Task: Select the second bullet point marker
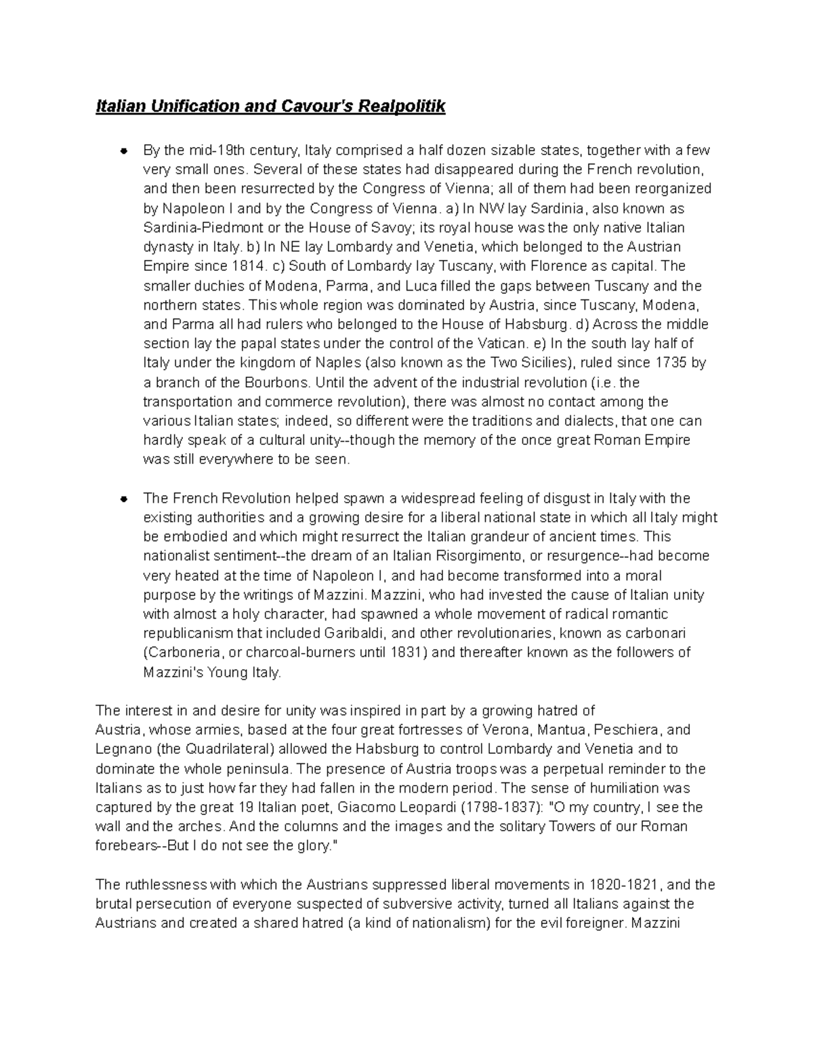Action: click(124, 499)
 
